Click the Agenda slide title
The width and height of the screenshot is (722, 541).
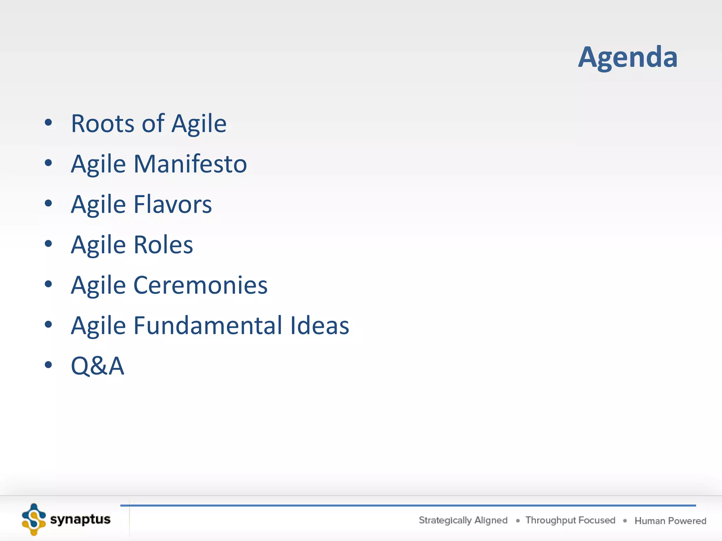tap(628, 57)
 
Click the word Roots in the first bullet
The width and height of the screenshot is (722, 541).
tap(103, 124)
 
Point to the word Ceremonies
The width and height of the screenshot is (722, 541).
tap(200, 285)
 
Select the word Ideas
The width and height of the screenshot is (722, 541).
tap(319, 325)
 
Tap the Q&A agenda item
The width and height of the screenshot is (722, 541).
tap(97, 366)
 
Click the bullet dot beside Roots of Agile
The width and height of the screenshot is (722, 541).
tap(48, 123)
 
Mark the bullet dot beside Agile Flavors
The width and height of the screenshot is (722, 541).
tap(48, 203)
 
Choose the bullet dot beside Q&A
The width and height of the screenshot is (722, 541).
tap(48, 365)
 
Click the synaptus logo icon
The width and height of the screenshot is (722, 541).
tap(34, 520)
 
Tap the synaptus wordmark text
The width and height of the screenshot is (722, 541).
tap(80, 520)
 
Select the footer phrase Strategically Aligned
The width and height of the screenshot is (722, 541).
tap(463, 520)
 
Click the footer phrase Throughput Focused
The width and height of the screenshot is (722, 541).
tap(570, 520)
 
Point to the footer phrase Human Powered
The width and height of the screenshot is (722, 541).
tap(670, 521)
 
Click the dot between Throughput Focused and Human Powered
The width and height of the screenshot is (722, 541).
tap(625, 521)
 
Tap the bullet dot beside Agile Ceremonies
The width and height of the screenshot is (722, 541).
tap(48, 284)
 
